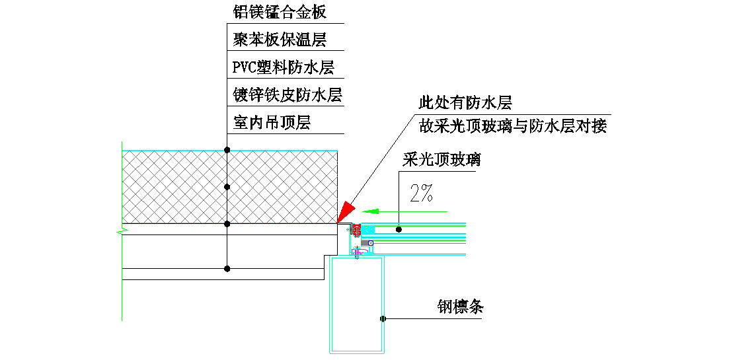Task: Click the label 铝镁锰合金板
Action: pos(280,12)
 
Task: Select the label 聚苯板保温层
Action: pos(280,40)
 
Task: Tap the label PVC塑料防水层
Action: pos(284,67)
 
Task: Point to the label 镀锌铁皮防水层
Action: pos(288,95)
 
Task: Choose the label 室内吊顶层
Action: pos(272,123)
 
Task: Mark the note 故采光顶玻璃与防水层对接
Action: pos(513,126)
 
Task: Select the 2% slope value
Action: pos(421,193)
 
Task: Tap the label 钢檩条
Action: pos(461,307)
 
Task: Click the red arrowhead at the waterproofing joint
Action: pos(345,213)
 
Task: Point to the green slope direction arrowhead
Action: pos(371,211)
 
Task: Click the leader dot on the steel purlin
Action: pos(383,319)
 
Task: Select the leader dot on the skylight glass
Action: pos(399,229)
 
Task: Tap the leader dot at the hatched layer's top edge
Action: pos(227,151)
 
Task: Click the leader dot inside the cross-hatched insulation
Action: pos(227,187)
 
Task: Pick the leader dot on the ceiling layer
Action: pos(227,269)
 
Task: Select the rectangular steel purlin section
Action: pos(357,304)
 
